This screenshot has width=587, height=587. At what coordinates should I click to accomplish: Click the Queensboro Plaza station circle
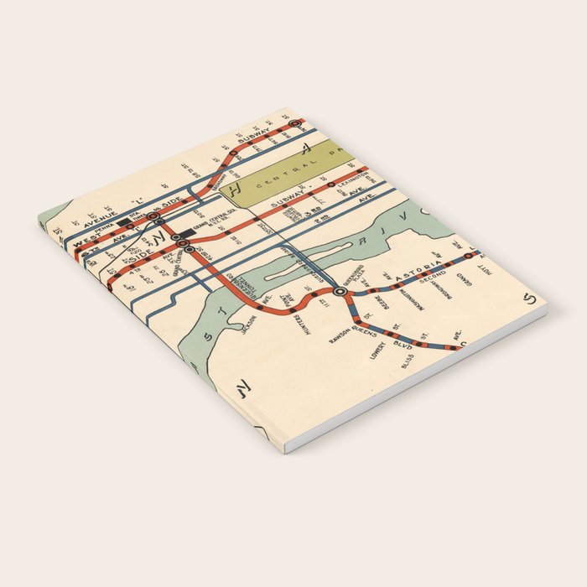340,291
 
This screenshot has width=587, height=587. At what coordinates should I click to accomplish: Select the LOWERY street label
377,349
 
